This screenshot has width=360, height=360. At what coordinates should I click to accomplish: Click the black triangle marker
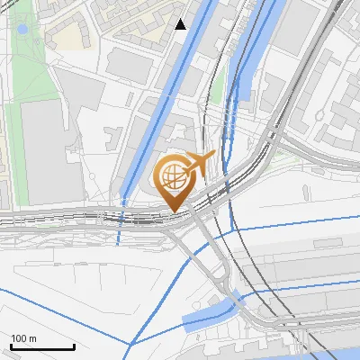[x=181, y=24]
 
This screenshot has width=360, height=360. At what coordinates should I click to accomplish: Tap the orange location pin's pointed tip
[x=174, y=211]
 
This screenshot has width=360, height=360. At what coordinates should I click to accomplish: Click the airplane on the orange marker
[x=200, y=164]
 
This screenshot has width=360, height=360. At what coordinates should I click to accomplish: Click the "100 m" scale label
[x=23, y=338]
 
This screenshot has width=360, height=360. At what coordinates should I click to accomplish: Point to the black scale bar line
[x=42, y=346]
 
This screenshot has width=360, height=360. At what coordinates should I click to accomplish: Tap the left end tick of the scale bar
[x=11, y=345]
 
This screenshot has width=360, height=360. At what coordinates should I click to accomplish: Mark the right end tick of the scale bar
[x=74, y=345]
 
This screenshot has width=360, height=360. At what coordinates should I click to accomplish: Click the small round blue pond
[x=22, y=29]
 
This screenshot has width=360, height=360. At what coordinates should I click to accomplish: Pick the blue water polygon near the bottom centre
[x=209, y=314]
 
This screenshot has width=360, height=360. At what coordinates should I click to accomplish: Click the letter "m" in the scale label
[x=32, y=338]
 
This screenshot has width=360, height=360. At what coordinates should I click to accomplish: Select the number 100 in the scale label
[x=19, y=338]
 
